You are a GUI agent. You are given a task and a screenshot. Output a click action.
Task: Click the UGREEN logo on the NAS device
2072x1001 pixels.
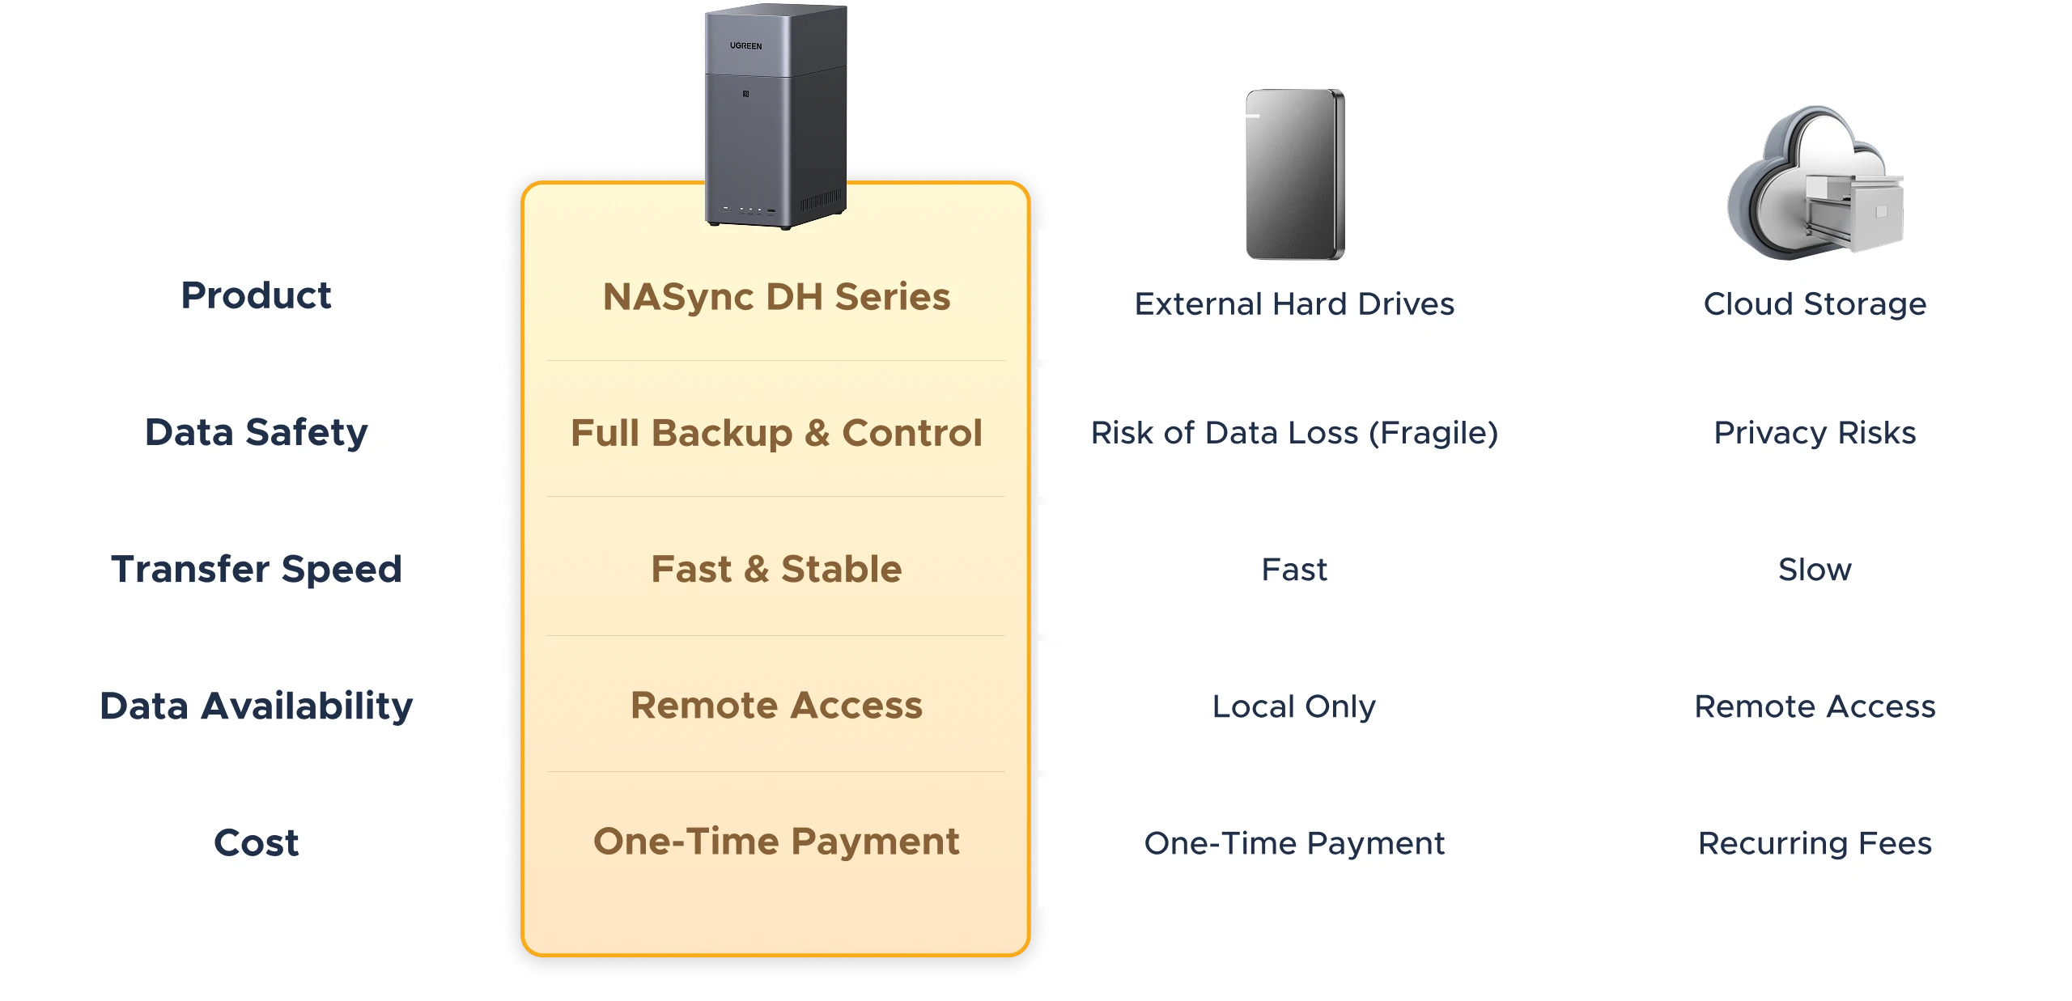pos(745,46)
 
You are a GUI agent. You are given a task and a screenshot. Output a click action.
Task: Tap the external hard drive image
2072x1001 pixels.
pos(1295,174)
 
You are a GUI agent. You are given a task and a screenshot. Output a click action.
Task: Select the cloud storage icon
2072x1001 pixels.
pos(1815,182)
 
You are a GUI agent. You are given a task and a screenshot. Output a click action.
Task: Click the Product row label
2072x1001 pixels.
pos(256,295)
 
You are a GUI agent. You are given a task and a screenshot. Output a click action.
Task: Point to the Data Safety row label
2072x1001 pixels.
pos(256,432)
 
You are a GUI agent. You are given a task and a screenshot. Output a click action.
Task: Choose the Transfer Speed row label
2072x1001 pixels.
pos(256,569)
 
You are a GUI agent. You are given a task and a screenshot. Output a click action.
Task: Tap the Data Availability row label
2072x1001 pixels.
pos(256,706)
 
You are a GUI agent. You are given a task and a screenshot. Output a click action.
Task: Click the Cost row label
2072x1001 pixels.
pos(256,842)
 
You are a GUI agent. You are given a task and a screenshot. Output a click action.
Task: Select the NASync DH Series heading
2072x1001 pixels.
pos(776,297)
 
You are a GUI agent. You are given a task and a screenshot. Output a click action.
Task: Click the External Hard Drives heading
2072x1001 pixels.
pos(1294,304)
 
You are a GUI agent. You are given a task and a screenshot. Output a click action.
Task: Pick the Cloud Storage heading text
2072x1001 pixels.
pos(1815,304)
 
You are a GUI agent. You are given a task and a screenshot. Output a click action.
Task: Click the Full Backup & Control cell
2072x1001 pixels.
pos(776,433)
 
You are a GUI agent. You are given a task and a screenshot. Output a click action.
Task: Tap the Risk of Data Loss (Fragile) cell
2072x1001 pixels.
pos(1294,433)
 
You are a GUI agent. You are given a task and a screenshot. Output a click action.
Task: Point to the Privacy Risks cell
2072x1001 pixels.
pos(1815,433)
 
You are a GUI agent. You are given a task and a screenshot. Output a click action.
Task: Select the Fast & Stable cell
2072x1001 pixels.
pos(776,569)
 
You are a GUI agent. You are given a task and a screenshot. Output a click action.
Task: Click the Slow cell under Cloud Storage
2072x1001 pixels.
pos(1815,570)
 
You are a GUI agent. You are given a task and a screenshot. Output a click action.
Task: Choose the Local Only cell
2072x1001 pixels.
pos(1294,706)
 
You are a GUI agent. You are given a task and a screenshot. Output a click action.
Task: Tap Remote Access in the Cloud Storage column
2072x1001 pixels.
pos(1815,706)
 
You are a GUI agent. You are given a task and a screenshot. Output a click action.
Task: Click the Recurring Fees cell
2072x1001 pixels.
pos(1815,843)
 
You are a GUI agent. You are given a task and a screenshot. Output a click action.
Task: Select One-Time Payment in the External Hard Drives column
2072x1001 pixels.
pos(1294,843)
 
